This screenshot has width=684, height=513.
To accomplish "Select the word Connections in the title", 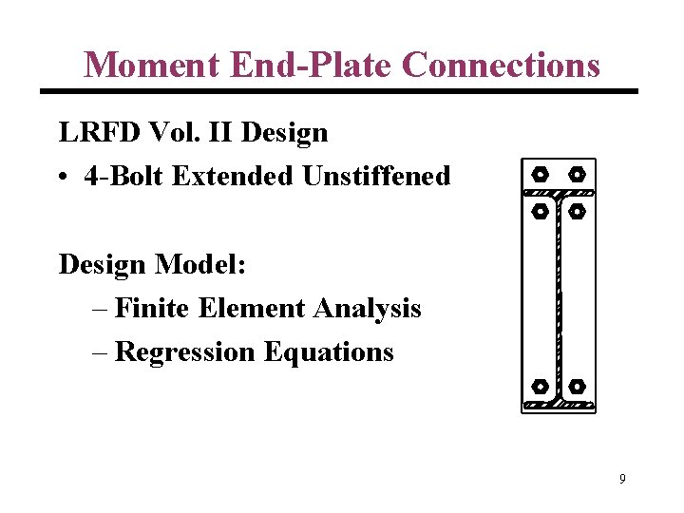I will point(501,65).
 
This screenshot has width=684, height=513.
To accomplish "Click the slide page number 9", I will point(622,479).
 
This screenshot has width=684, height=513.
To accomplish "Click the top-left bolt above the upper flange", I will point(539,175).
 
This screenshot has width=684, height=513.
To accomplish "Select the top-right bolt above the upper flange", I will point(577,175).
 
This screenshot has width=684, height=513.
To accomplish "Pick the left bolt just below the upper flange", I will point(539,211).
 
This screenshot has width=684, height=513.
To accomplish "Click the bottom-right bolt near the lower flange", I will point(577,387).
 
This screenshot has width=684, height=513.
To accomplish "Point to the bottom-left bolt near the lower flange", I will point(539,387).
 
